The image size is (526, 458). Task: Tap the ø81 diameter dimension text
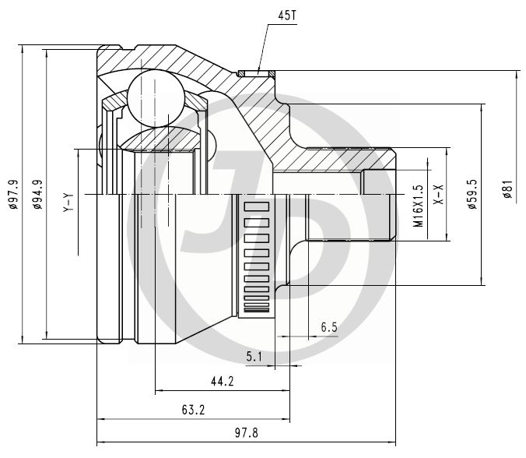(x=507, y=190)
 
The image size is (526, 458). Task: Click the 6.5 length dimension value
(x=328, y=328)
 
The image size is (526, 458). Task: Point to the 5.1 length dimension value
(x=255, y=357)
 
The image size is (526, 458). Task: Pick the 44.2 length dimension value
(x=222, y=382)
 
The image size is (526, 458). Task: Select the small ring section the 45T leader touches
(x=256, y=73)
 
